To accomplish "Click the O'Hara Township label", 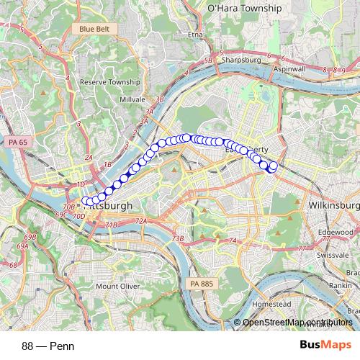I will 244,9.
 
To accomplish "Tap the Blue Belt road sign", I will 96,29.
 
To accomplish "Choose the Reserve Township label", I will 110,83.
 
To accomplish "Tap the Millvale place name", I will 132,98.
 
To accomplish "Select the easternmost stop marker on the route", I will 273,166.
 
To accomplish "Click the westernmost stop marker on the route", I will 86,201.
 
